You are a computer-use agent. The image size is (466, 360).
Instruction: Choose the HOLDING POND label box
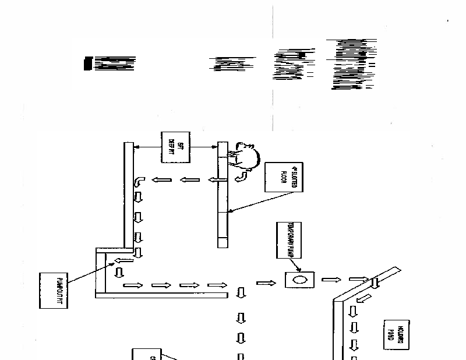396,334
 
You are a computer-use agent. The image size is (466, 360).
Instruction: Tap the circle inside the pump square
299,280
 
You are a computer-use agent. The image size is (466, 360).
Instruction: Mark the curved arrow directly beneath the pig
241,177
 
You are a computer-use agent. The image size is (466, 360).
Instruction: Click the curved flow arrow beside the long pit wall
140,182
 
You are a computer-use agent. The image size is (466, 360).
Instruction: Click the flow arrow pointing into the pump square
266,283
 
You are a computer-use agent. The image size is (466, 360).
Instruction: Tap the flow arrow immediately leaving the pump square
331,280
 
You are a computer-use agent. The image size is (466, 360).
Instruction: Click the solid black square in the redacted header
88,63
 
